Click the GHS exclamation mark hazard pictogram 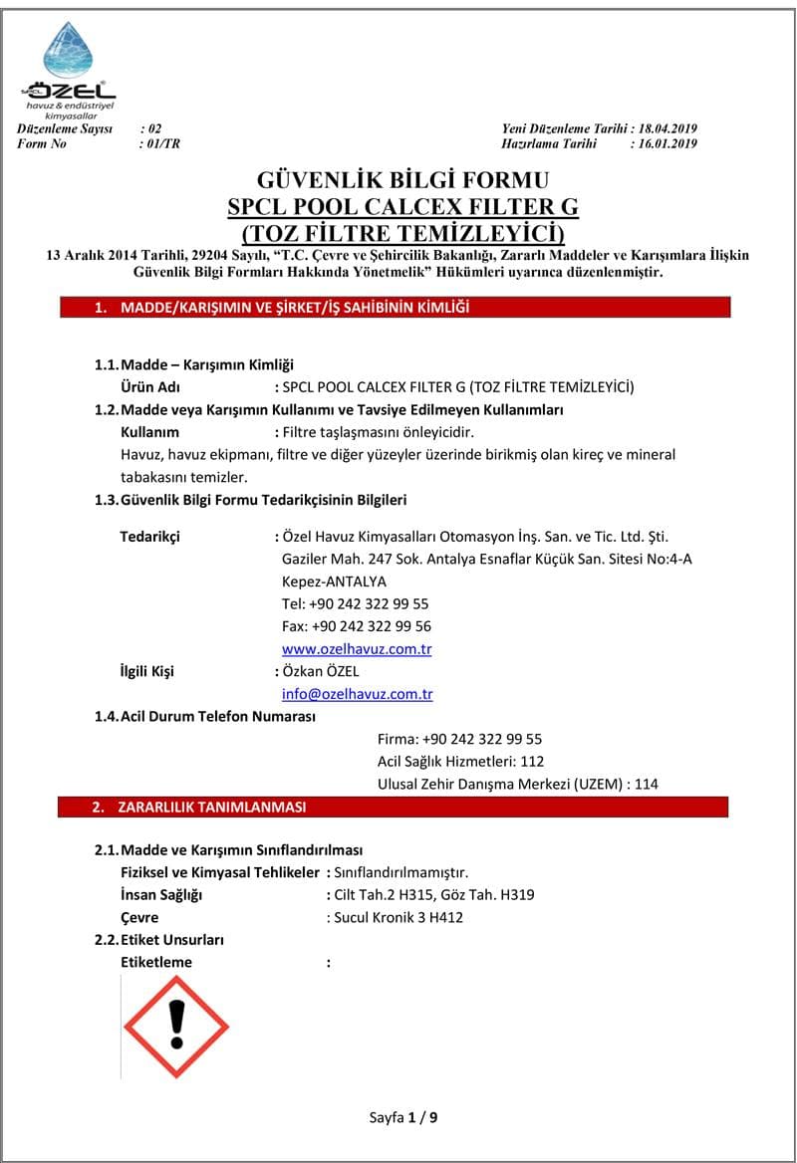[x=175, y=1027]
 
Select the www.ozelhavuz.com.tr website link [x=357, y=649]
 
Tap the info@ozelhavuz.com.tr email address [x=357, y=694]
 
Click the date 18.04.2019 [x=666, y=129]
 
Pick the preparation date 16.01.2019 [x=666, y=143]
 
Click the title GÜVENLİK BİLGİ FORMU [x=402, y=180]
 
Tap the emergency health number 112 [x=532, y=762]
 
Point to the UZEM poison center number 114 [x=646, y=784]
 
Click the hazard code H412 [x=444, y=917]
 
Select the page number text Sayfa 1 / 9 [x=402, y=1116]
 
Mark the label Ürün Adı [x=149, y=386]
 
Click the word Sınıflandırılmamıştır [x=400, y=872]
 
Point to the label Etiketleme [x=156, y=962]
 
